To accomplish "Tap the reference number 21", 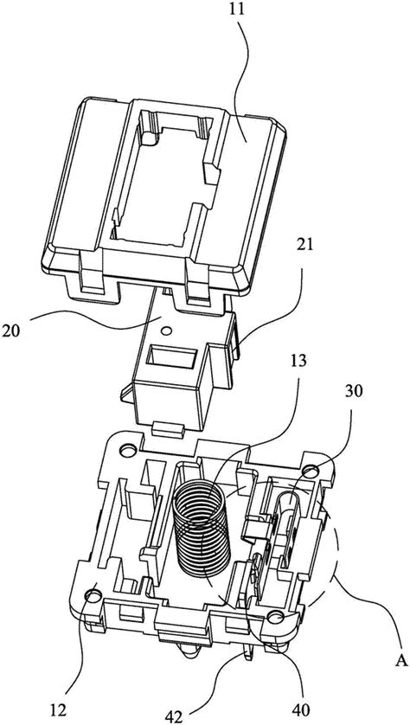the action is tap(302, 244).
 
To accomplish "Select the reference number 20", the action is tap(11, 331).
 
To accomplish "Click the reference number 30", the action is tap(354, 392).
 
